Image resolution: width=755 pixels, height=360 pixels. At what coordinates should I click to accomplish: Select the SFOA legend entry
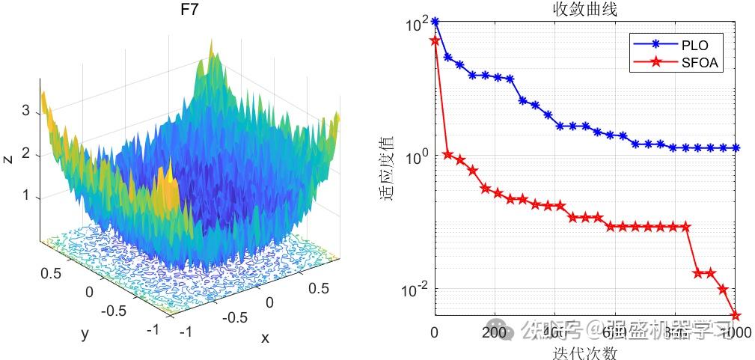point(700,63)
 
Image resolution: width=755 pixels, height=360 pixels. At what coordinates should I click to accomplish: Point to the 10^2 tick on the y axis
point(419,24)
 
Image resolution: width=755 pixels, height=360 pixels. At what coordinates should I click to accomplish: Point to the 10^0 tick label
point(419,157)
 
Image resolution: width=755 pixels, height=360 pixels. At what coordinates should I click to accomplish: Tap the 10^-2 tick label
point(418,290)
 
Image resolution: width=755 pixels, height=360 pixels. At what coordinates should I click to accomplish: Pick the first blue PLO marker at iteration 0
point(435,22)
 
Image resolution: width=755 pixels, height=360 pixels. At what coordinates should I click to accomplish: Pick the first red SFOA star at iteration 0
point(435,40)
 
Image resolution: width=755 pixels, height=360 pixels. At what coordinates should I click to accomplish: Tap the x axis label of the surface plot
point(265,338)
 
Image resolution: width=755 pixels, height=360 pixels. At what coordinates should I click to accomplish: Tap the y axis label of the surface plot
point(84,335)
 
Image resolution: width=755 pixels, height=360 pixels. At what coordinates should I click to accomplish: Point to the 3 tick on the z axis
point(26,112)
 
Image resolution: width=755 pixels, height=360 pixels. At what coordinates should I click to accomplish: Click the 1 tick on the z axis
point(26,196)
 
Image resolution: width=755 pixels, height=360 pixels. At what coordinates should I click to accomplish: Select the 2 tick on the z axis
point(26,154)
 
